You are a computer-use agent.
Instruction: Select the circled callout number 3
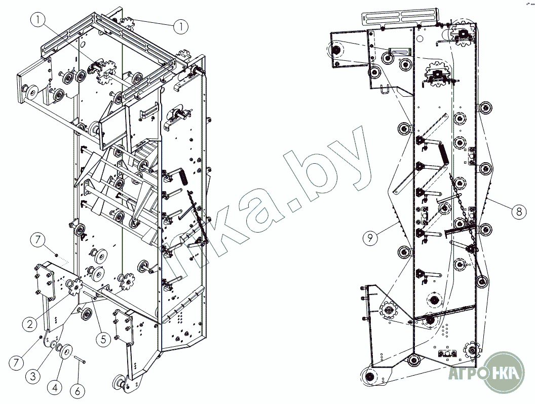click(x=32, y=376)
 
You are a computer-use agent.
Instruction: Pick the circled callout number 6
click(x=78, y=391)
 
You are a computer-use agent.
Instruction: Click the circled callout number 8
click(x=517, y=210)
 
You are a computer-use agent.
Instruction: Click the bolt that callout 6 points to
click(x=82, y=361)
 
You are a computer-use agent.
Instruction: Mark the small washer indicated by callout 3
click(x=54, y=344)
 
